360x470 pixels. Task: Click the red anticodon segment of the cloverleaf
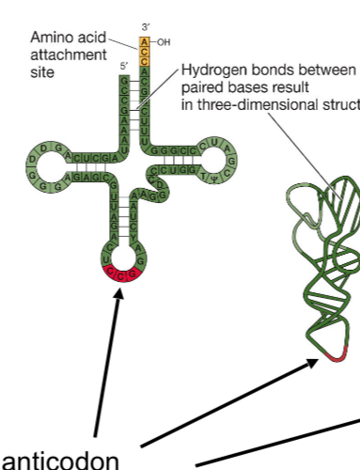click(123, 274)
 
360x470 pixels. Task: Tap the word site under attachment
click(42, 71)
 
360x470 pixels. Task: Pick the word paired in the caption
click(199, 87)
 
